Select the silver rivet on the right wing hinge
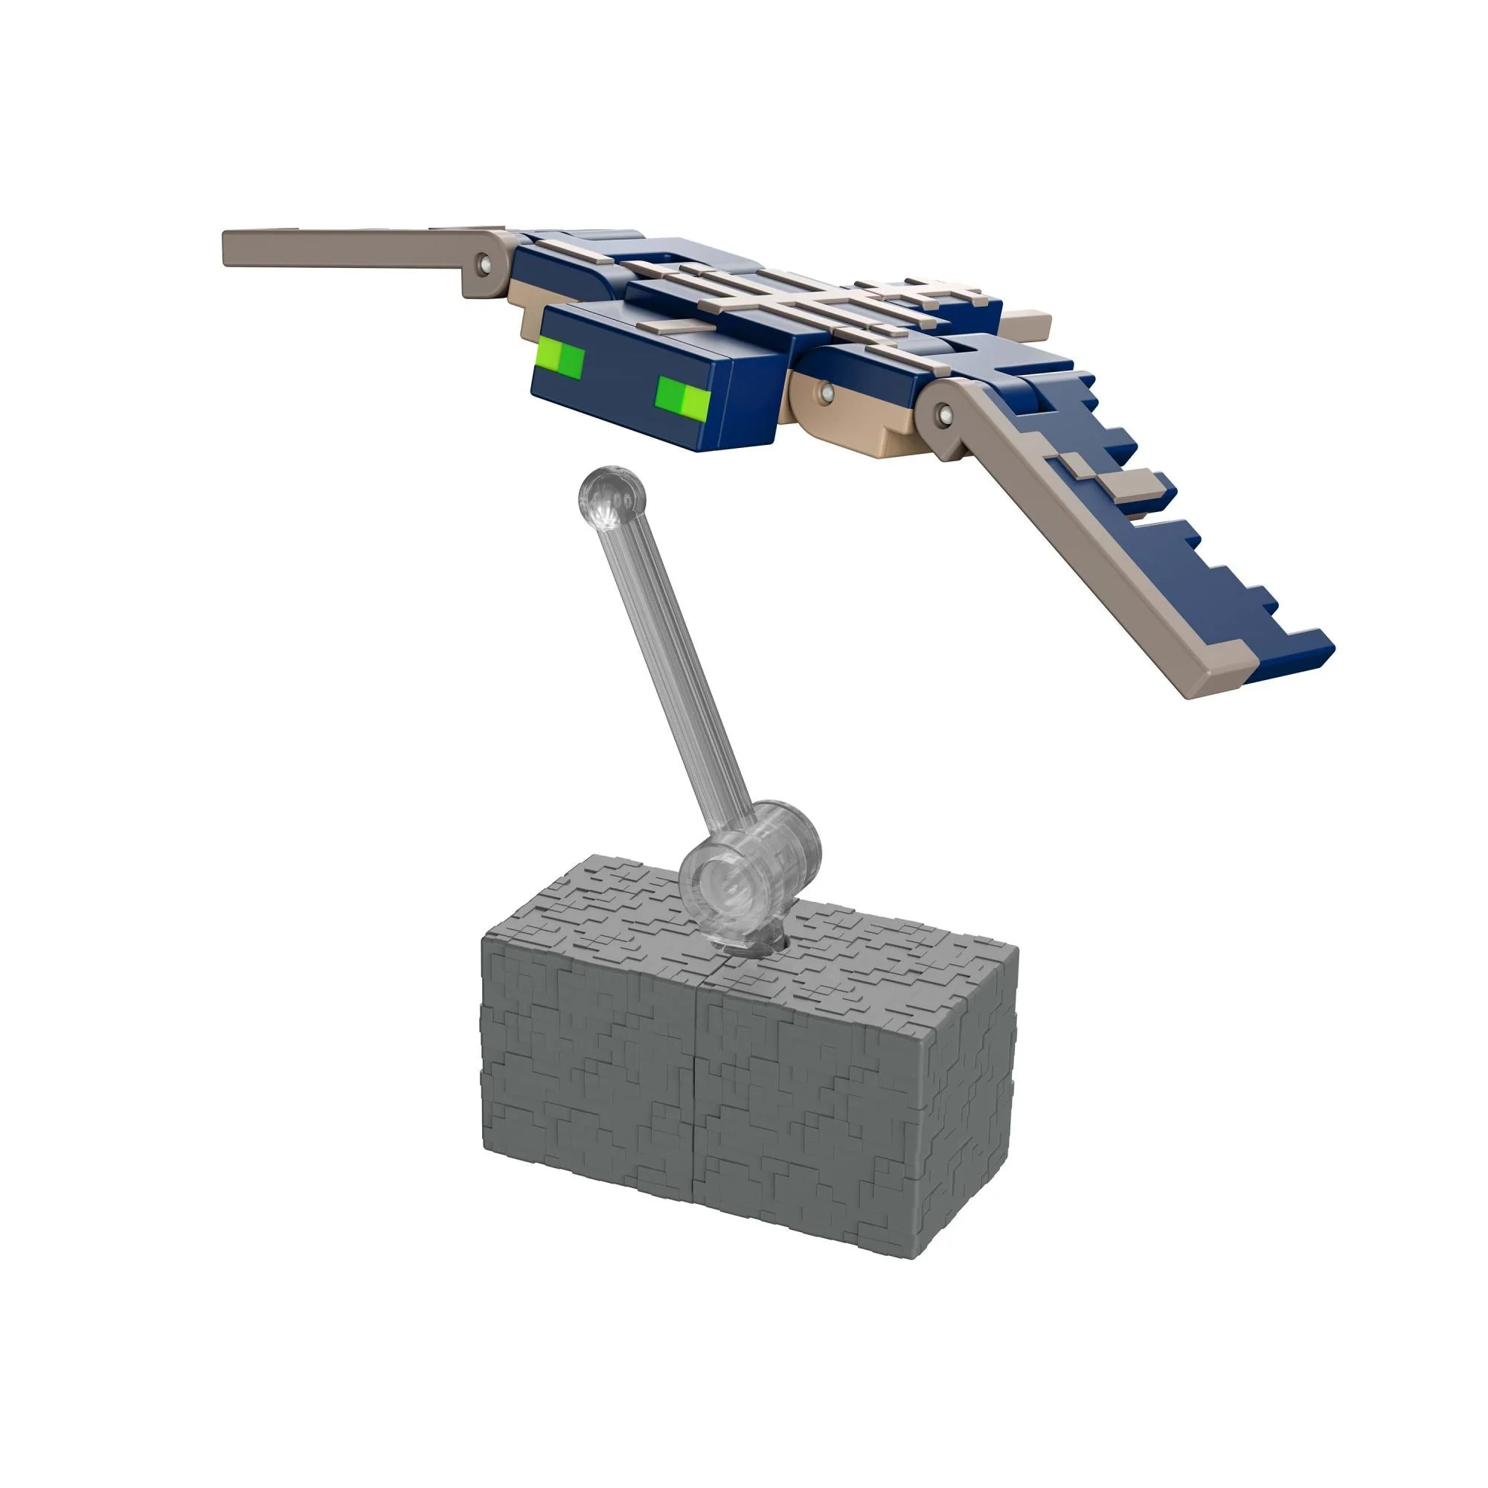click(x=943, y=415)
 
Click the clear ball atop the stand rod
click(x=612, y=497)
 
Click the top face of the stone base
click(x=847, y=947)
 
